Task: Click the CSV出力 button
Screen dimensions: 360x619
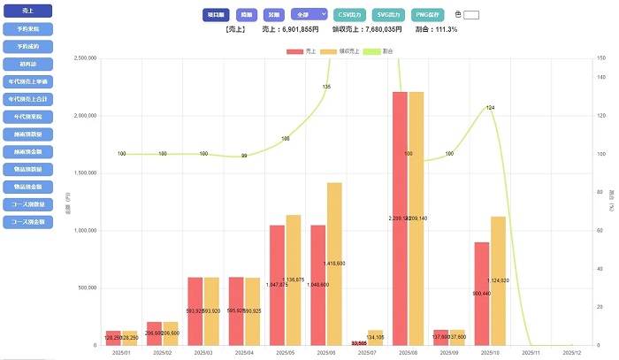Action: click(x=351, y=15)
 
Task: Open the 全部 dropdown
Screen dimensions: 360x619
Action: click(x=309, y=15)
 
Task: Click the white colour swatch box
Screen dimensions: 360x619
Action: click(x=470, y=15)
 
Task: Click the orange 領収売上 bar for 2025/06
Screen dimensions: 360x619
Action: click(x=334, y=264)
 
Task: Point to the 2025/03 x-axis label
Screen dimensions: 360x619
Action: click(x=195, y=352)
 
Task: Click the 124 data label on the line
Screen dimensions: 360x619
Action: click(x=491, y=107)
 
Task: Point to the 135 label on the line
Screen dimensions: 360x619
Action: click(x=326, y=87)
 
